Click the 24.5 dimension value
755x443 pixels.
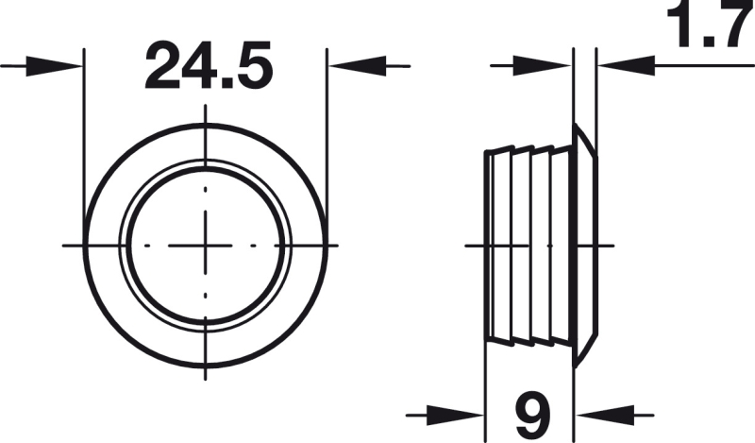pyautogui.click(x=209, y=66)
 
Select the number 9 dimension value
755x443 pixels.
pyautogui.click(x=532, y=414)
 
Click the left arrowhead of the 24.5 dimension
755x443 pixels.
pyautogui.click(x=54, y=66)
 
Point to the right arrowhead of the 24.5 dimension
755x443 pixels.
pyautogui.click(x=357, y=66)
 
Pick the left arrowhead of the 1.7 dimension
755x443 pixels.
pyautogui.click(x=543, y=66)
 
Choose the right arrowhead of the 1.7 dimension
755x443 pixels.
pyautogui.click(x=626, y=66)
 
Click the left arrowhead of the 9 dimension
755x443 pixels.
pyautogui.click(x=456, y=415)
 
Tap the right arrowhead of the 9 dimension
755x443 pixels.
pyautogui.click(x=606, y=415)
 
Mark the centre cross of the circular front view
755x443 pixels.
pyautogui.click(x=206, y=246)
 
